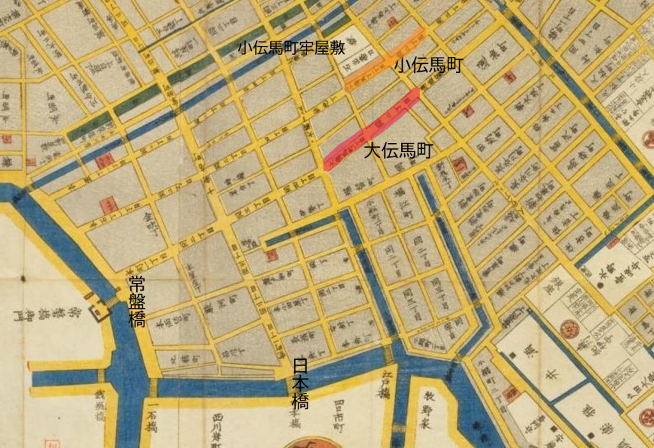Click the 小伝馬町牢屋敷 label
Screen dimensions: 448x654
(292, 48)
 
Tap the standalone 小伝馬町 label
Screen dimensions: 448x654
(427, 65)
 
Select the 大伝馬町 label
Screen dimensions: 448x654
(399, 151)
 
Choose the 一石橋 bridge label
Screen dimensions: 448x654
(153, 422)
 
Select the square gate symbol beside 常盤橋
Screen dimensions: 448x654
(100, 312)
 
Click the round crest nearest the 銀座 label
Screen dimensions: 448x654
(568, 329)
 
